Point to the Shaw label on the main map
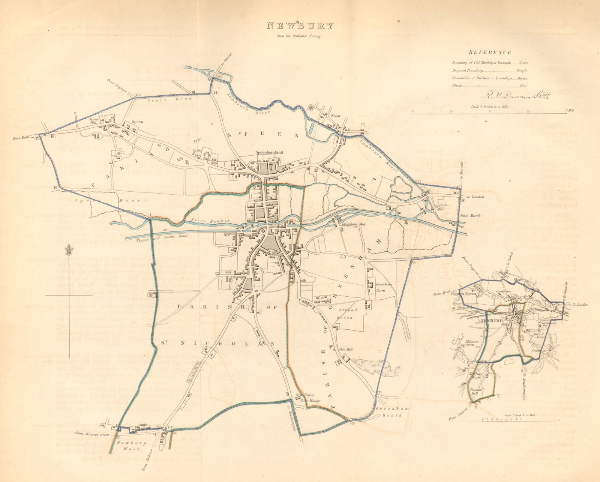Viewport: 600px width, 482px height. point(335,116)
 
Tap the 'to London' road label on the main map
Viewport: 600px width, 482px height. point(475,197)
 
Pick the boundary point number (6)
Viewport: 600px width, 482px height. point(352,423)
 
